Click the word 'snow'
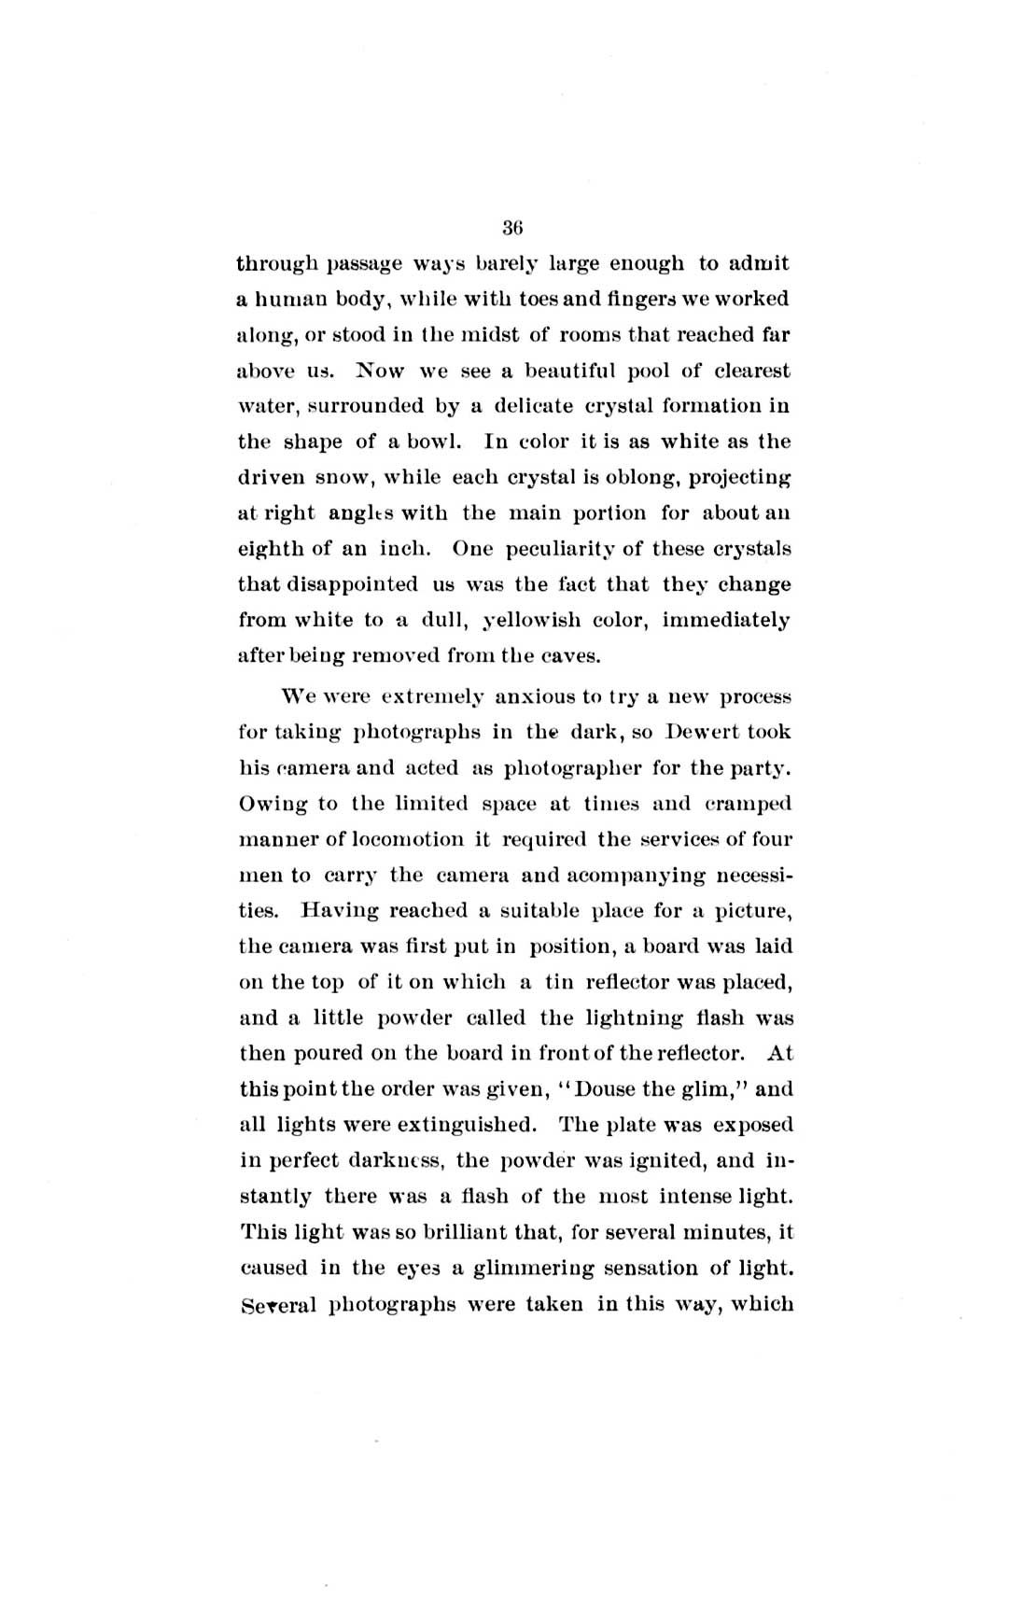[x=343, y=478]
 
